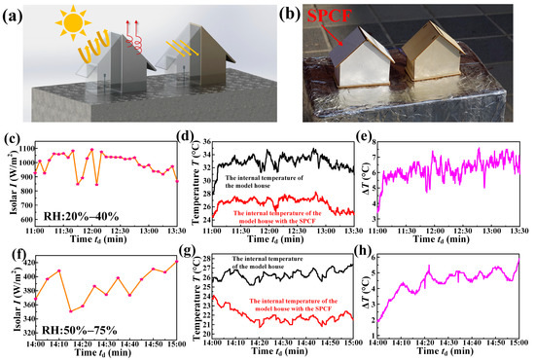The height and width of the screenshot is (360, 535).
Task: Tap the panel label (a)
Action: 20,15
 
